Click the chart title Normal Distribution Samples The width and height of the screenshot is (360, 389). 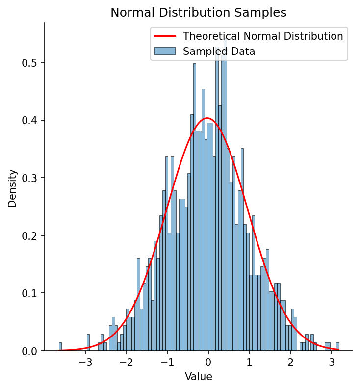pyautogui.click(x=198, y=13)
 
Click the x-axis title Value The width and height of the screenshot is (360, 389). pyautogui.click(x=198, y=377)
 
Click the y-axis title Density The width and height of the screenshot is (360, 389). pyautogui.click(x=12, y=188)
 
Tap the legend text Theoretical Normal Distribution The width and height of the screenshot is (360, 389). pyautogui.click(x=263, y=36)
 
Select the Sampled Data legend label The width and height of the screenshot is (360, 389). pyautogui.click(x=219, y=51)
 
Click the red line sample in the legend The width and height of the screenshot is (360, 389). pyautogui.click(x=165, y=36)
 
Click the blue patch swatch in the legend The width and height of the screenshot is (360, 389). pyautogui.click(x=165, y=51)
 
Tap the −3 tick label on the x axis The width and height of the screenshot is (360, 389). pyautogui.click(x=85, y=363)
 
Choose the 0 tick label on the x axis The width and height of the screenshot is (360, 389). pyautogui.click(x=208, y=363)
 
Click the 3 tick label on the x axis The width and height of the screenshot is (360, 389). pyautogui.click(x=332, y=363)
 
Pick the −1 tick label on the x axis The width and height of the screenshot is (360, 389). pyautogui.click(x=167, y=363)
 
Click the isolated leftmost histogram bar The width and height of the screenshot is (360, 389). pyautogui.click(x=60, y=347)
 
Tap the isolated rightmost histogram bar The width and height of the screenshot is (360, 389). pyautogui.click(x=337, y=347)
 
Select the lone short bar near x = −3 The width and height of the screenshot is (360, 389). pyautogui.click(x=88, y=343)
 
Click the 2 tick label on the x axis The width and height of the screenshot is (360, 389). pyautogui.click(x=290, y=363)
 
